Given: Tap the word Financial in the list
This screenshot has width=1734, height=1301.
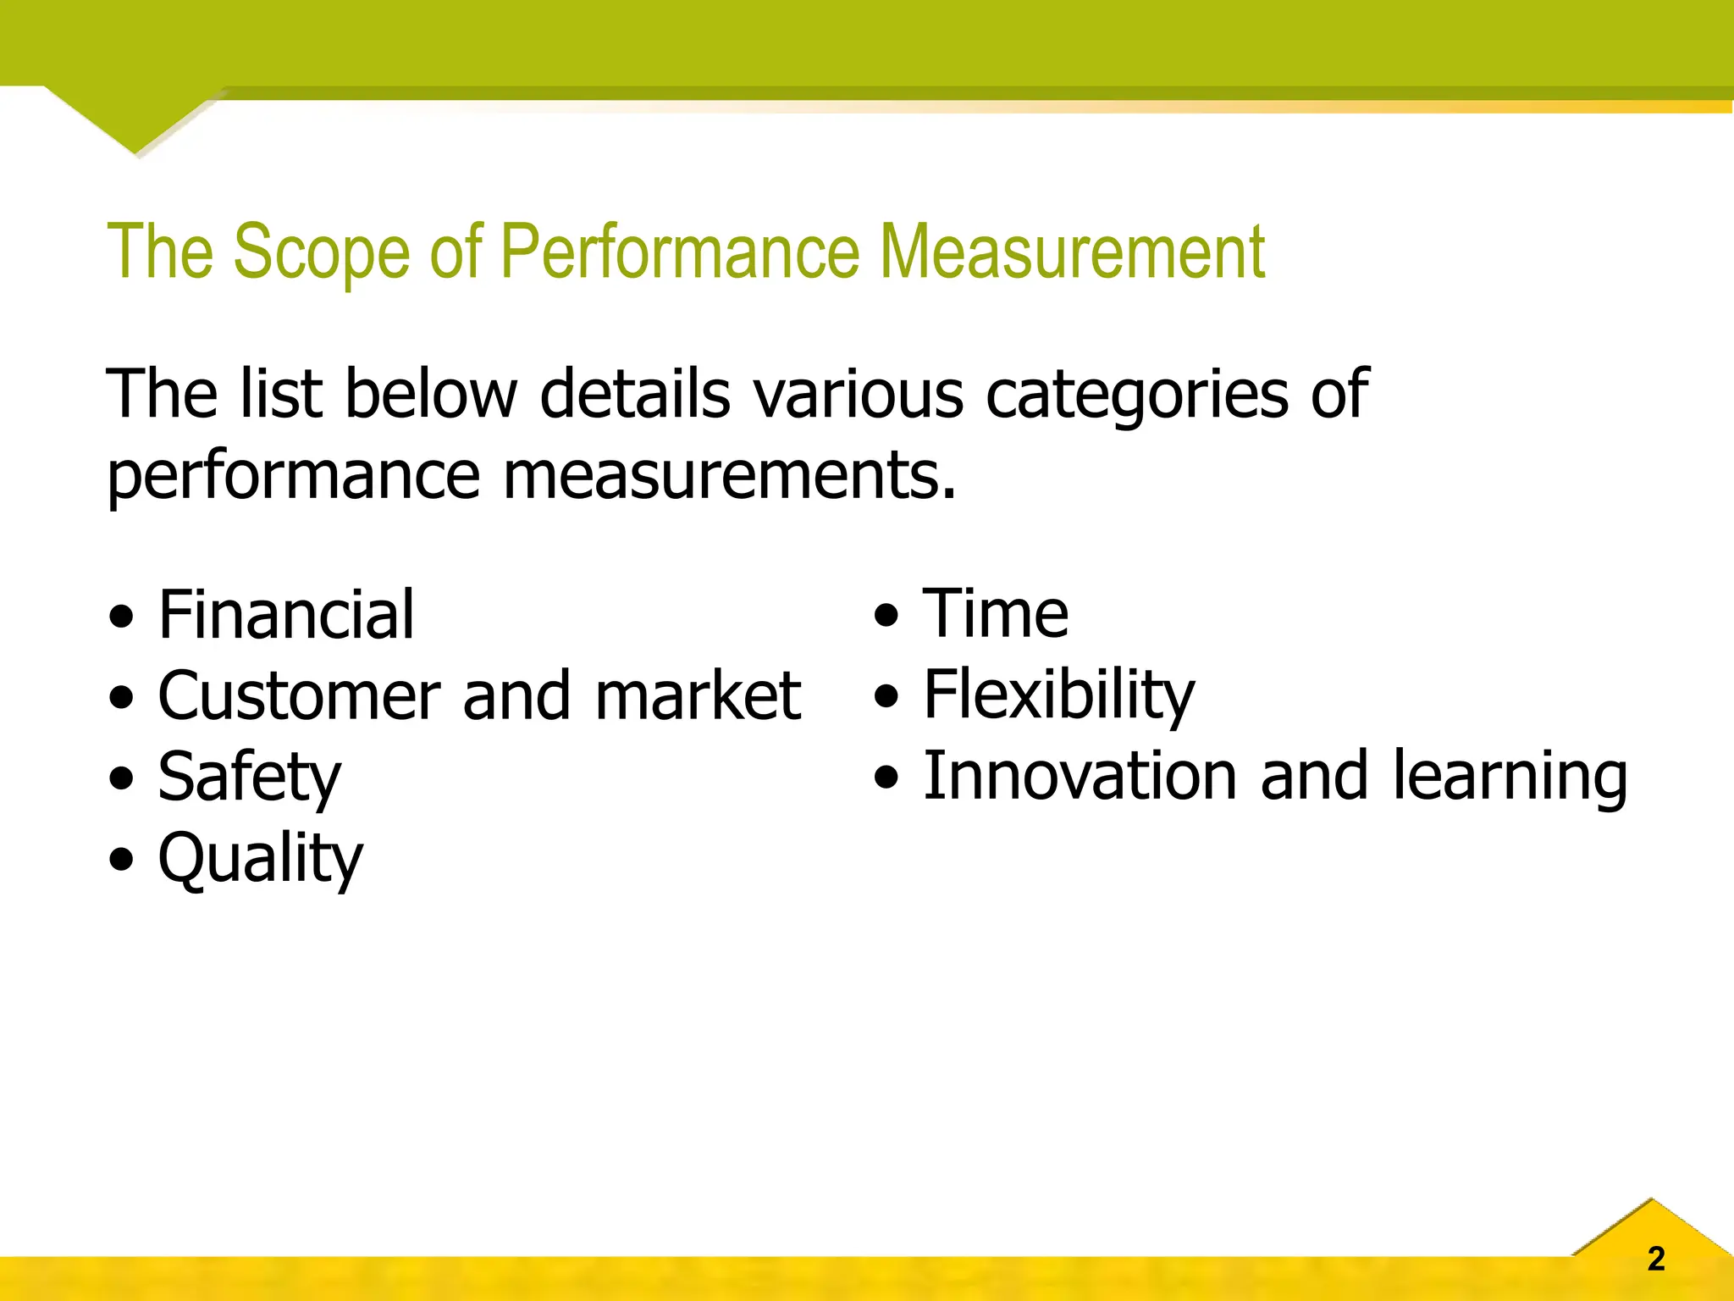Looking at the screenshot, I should [x=286, y=614].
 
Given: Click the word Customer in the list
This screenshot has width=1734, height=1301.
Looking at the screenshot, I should [x=298, y=695].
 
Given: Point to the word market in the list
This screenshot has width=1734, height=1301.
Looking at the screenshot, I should [x=698, y=695].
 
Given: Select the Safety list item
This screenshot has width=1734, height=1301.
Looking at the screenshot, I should [x=250, y=777].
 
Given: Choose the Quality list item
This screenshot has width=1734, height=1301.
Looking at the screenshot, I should [x=261, y=858].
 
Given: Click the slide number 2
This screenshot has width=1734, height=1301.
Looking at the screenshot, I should [x=1656, y=1259].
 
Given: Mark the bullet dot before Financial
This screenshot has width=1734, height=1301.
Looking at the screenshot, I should [x=122, y=617].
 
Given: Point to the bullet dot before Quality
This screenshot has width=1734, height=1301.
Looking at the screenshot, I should [x=122, y=861].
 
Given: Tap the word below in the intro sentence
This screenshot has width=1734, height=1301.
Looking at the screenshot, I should [x=431, y=394].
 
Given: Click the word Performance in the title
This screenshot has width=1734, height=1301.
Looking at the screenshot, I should [x=679, y=252].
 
